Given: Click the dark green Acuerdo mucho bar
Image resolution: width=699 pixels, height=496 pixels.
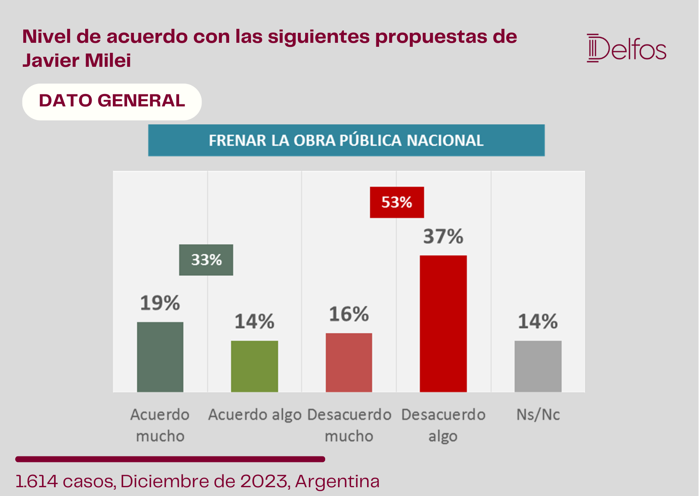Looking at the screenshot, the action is click(x=160, y=357).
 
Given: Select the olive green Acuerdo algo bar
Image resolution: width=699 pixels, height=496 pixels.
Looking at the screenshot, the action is click(x=254, y=366).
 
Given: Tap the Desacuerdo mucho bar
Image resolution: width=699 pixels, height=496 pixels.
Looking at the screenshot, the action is click(x=349, y=362).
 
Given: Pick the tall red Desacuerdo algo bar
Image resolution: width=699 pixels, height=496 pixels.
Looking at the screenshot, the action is click(x=443, y=324).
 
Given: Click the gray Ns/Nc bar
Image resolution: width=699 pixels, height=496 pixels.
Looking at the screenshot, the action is click(x=538, y=366).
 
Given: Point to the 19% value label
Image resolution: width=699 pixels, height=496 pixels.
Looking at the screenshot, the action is click(x=160, y=303).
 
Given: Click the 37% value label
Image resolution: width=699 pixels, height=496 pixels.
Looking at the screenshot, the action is click(x=443, y=236).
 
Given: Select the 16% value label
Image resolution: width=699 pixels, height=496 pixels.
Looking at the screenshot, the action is click(x=349, y=314).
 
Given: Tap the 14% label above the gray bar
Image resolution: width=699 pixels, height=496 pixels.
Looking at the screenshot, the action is click(x=538, y=321).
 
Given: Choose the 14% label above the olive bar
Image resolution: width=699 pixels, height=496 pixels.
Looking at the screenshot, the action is click(x=254, y=321).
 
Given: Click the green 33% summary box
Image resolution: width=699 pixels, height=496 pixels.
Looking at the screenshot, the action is click(x=206, y=260).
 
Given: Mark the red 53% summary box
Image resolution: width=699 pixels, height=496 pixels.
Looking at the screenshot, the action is click(x=397, y=202).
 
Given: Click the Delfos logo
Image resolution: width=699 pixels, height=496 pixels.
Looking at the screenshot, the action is click(x=626, y=48).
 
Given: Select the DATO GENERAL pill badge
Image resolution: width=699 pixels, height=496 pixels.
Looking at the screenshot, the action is click(x=112, y=102).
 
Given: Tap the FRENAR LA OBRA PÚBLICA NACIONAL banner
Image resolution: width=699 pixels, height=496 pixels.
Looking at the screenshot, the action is click(x=346, y=140).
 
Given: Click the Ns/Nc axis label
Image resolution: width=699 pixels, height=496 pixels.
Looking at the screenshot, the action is click(x=538, y=415).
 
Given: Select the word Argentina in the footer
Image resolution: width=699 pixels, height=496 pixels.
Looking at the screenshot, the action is click(x=338, y=481).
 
